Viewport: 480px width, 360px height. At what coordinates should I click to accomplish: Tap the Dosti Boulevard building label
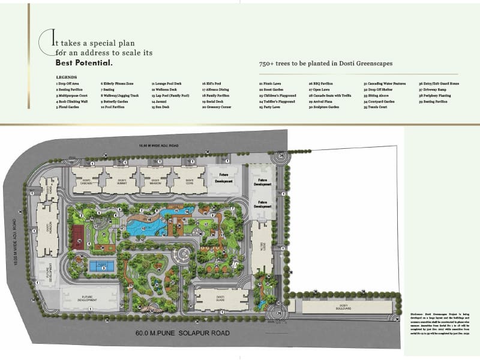point(343,306)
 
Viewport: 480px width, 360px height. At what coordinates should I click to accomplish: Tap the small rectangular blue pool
point(103,265)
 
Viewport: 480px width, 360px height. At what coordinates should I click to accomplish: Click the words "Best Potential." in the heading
point(84,62)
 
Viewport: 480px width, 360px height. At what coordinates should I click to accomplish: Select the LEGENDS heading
point(66,77)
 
